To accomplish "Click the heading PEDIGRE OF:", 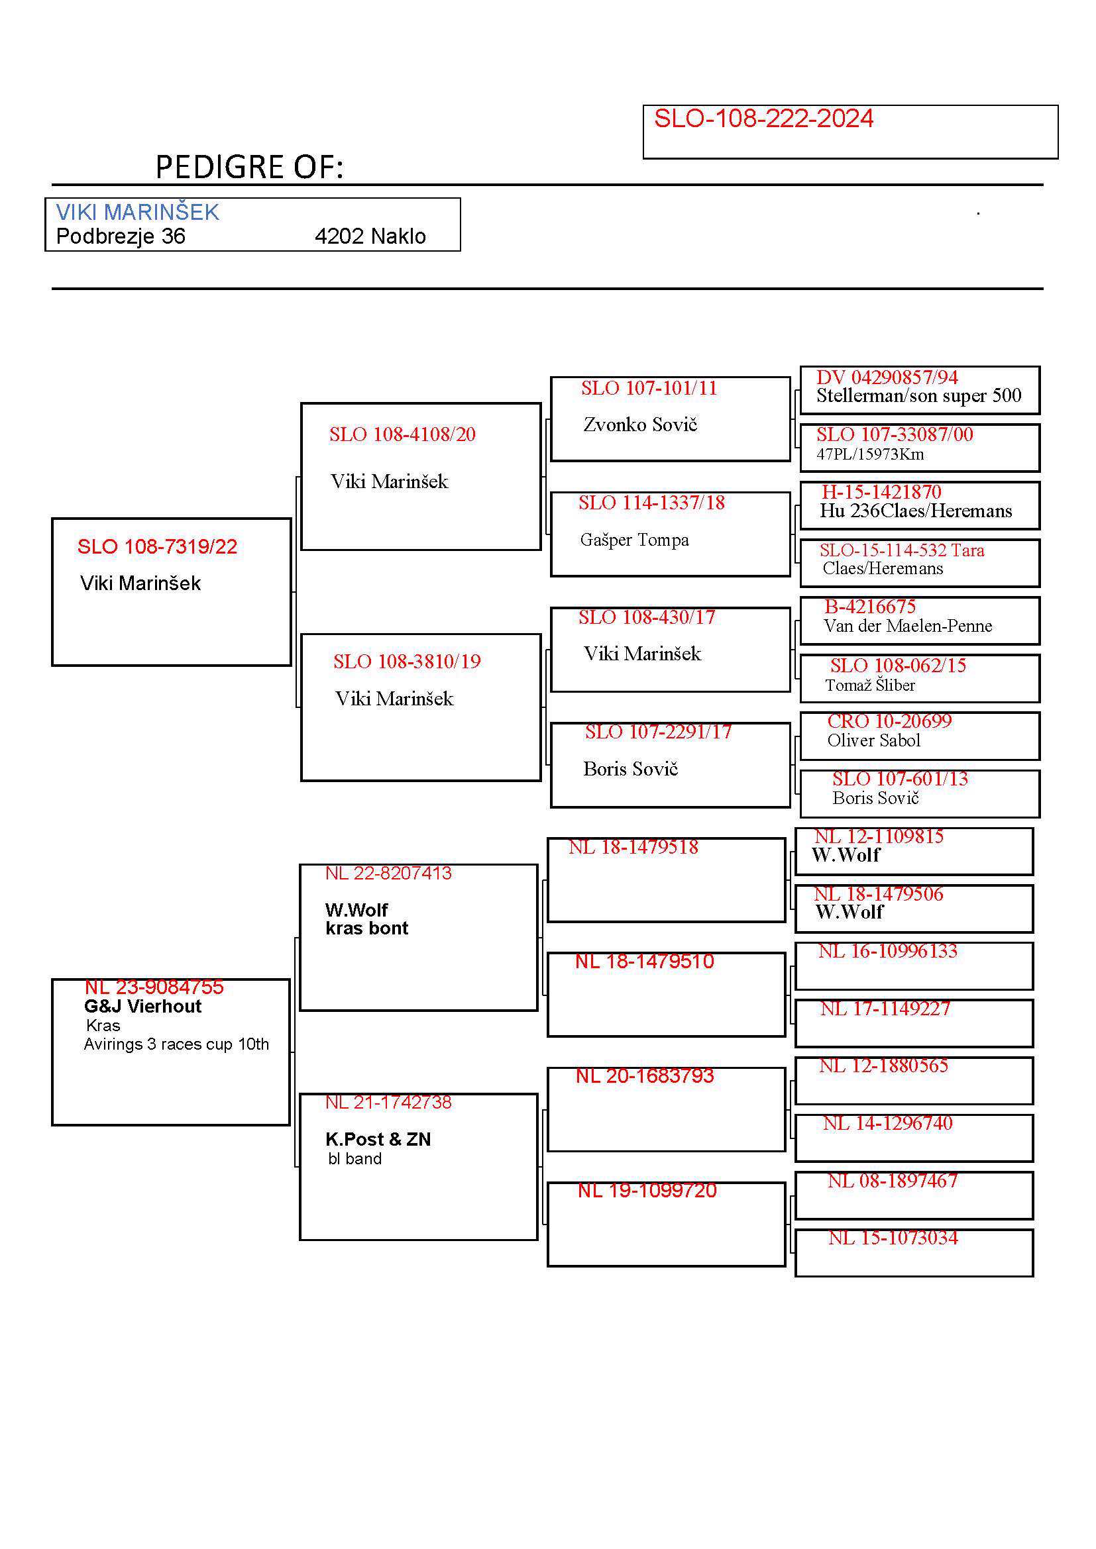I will coord(249,168).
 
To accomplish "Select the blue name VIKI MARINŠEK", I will coord(137,213).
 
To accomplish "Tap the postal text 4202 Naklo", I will coord(370,237).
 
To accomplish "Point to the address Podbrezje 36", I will coord(120,237).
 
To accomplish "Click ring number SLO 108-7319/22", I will coord(156,546).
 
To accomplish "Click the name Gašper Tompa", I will coord(633,540).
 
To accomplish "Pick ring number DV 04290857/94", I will coord(886,377).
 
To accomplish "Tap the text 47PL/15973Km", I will coord(869,454).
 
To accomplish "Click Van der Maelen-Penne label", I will coord(907,626).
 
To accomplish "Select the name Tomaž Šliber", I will coord(869,685).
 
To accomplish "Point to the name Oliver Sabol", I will coord(873,741).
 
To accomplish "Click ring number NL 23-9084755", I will coord(154,987).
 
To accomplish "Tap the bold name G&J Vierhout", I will coord(142,1007).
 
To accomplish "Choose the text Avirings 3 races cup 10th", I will coord(176,1044).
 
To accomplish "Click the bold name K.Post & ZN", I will coord(378,1140).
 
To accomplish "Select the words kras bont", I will coord(366,928).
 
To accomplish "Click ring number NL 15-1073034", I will coord(892,1238).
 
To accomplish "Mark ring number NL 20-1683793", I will coord(644,1076).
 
